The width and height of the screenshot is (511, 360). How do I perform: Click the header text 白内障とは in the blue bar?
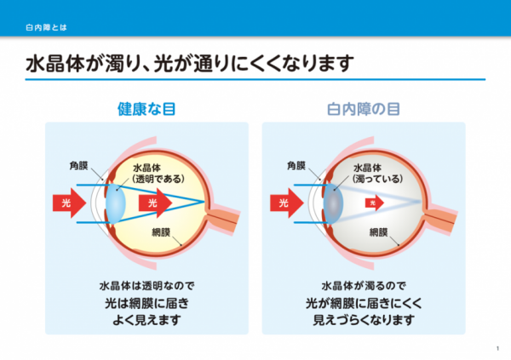click(46, 28)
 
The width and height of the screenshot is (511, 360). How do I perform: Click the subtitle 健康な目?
click(146, 109)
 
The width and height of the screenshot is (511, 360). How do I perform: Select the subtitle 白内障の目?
click(364, 109)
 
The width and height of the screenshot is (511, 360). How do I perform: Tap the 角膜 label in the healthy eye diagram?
click(78, 166)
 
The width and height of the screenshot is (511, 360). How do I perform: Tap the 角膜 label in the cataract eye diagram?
click(296, 166)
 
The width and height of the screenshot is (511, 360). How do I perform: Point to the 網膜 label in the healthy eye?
click(161, 232)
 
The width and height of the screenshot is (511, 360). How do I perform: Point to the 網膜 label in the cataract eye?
click(378, 232)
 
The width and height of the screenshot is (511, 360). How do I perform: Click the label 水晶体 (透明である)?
click(158, 174)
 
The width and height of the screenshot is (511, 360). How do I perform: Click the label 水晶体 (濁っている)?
click(377, 174)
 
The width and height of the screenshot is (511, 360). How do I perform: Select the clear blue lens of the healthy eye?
click(116, 203)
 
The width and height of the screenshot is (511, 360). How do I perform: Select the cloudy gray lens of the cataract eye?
click(333, 203)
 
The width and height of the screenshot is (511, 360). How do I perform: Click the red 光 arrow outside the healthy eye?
click(70, 203)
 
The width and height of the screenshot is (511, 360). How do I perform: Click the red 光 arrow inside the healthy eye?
click(156, 203)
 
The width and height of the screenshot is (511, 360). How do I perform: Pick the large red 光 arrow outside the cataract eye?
click(287, 203)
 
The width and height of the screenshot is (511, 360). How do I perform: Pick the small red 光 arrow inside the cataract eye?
click(375, 203)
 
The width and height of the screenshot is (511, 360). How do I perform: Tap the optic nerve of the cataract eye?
click(440, 219)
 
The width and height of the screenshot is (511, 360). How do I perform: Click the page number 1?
click(497, 349)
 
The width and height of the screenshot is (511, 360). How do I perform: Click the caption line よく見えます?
click(146, 320)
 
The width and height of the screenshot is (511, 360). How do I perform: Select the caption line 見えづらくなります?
click(364, 320)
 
